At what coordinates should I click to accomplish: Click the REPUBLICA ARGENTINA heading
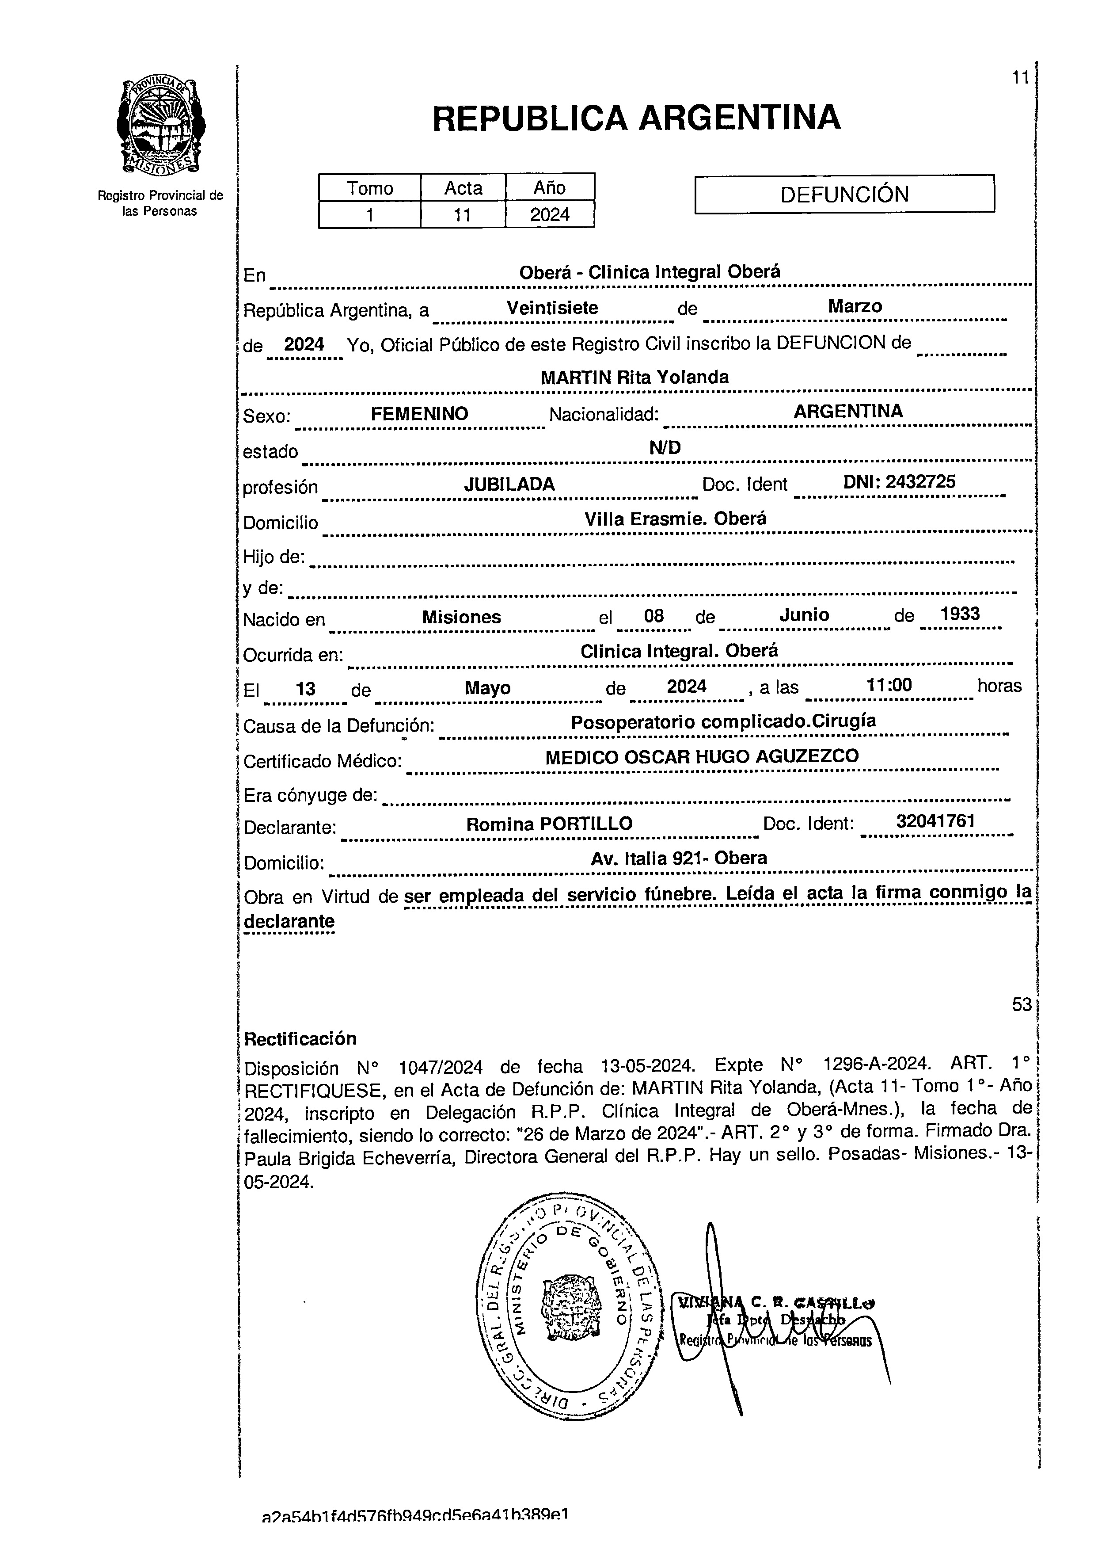[x=635, y=118]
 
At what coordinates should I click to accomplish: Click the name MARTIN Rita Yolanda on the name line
[x=634, y=378]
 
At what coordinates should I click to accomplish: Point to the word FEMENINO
[x=419, y=414]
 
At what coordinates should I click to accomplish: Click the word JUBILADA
[x=509, y=485]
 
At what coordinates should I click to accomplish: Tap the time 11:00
[x=889, y=685]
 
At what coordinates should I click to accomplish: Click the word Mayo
[x=487, y=688]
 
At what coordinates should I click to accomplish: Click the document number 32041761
[x=935, y=821]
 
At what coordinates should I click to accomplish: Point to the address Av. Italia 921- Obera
[x=679, y=858]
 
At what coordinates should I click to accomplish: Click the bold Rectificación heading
[x=300, y=1038]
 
